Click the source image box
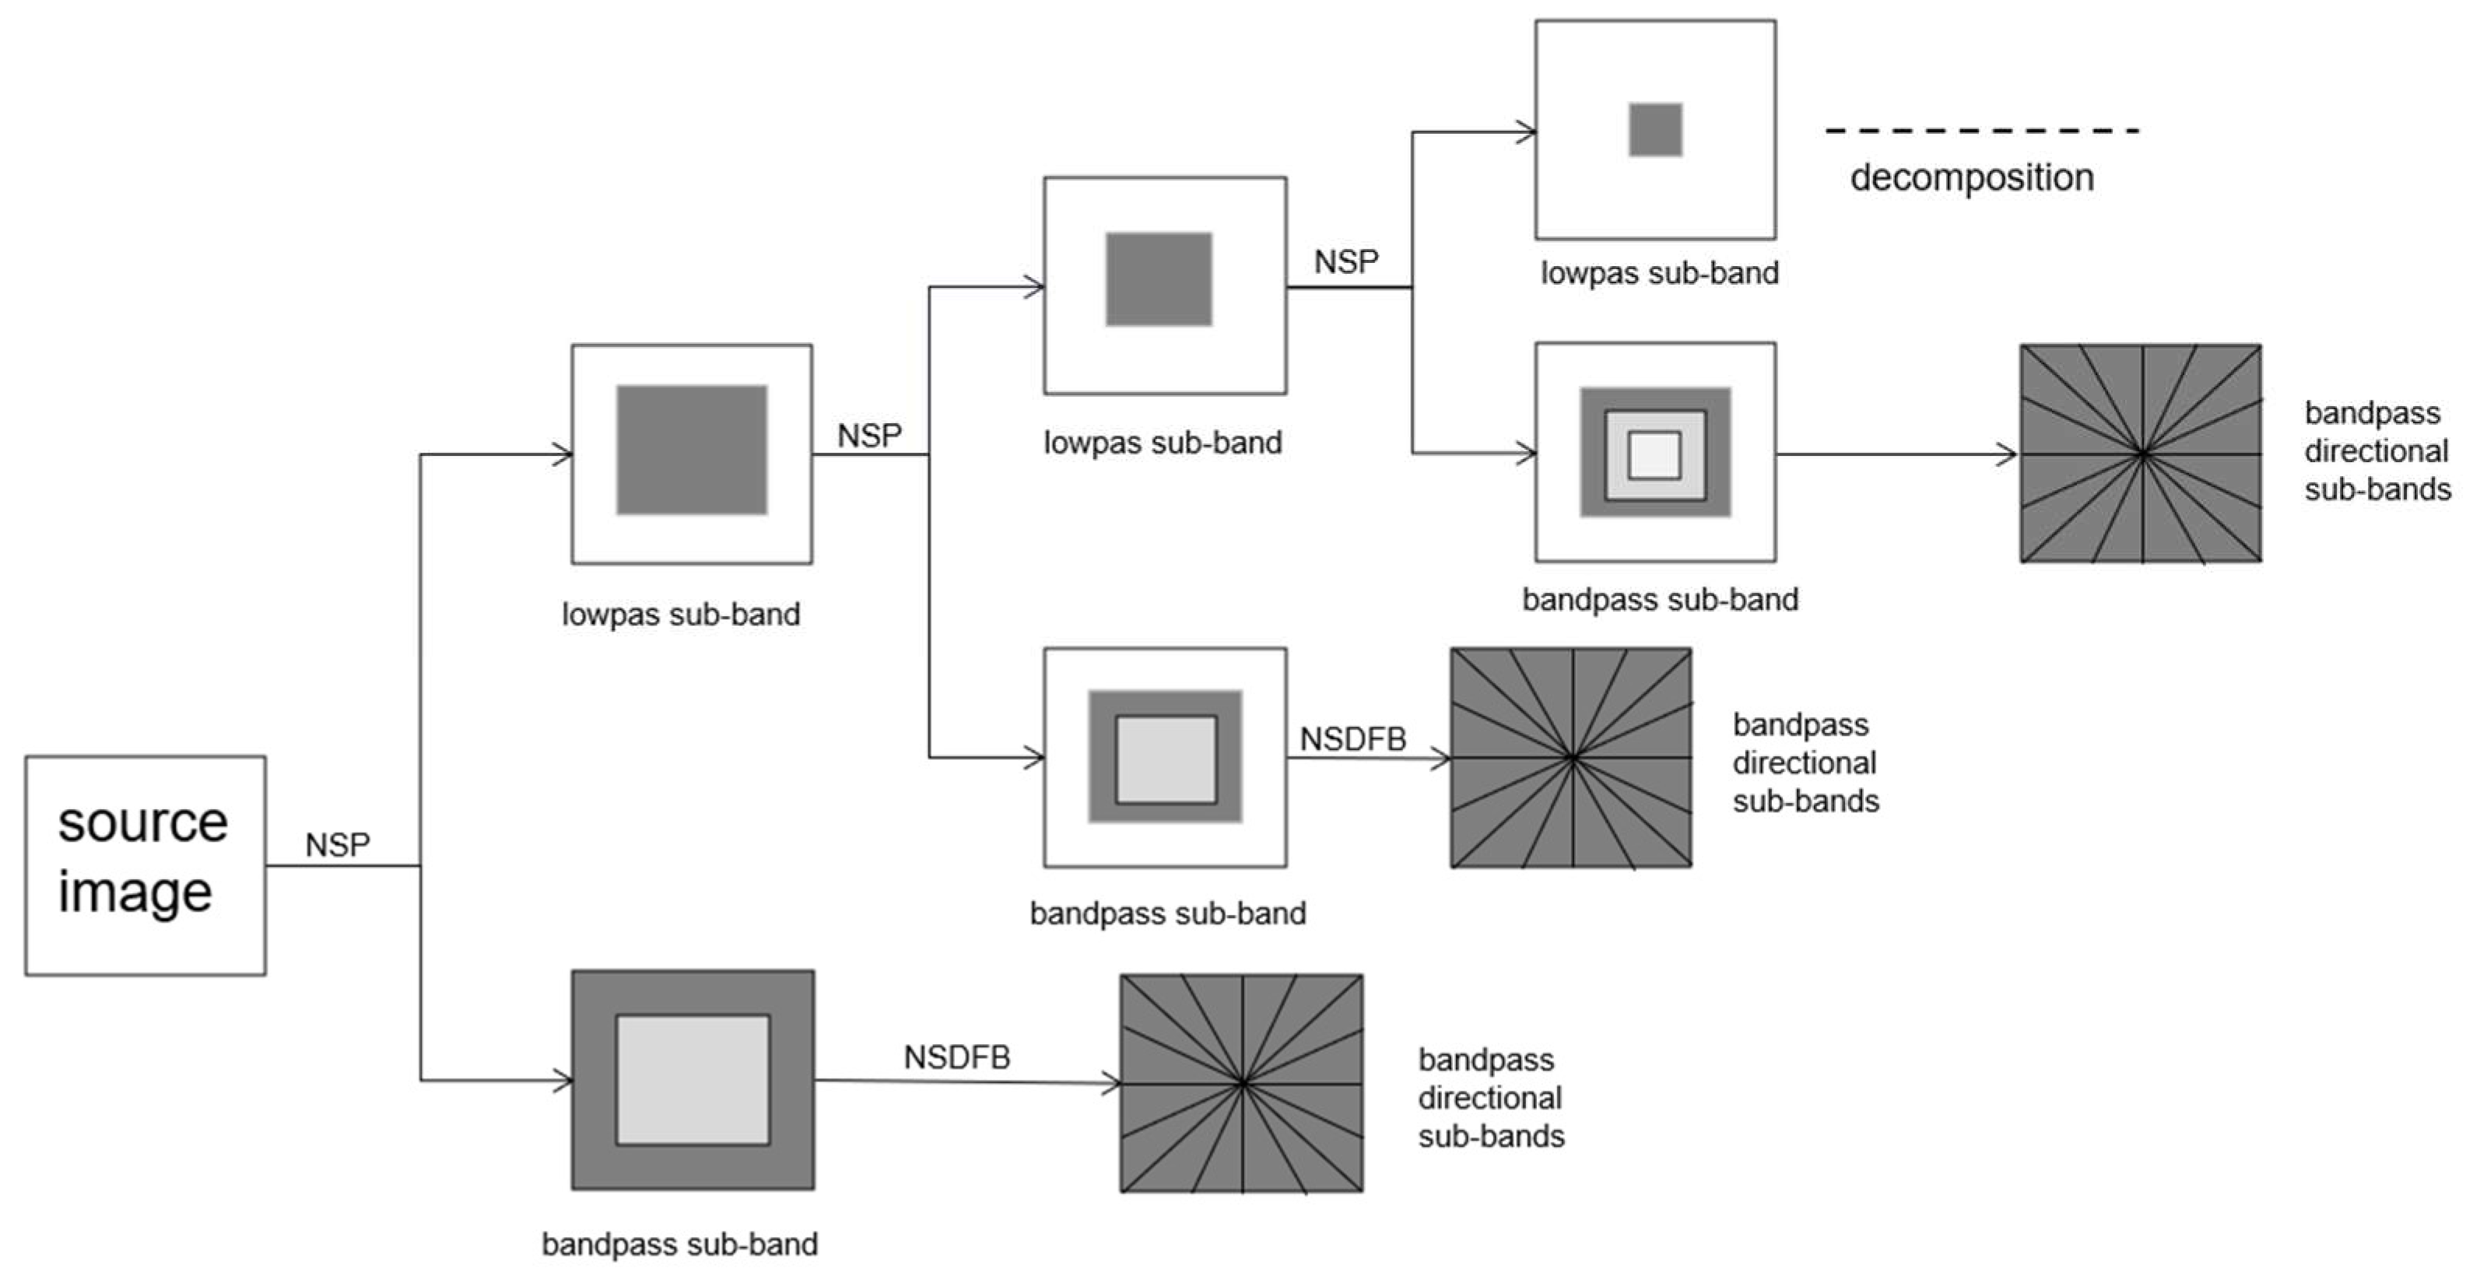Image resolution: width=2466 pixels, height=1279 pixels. point(146,865)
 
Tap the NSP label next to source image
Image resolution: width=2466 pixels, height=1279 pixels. point(337,844)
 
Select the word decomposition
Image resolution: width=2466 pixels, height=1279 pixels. point(1972,177)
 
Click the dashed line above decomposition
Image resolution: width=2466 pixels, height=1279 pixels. point(1982,130)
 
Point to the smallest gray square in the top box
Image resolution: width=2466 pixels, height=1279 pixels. point(1655,129)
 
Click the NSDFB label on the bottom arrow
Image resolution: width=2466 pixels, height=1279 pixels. point(956,1057)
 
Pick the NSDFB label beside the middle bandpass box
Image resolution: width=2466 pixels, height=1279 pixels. point(1352,739)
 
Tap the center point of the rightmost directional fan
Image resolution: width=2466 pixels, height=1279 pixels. point(2142,455)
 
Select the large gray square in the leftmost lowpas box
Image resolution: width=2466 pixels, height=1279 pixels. point(691,450)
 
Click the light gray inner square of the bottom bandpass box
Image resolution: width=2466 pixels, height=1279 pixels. point(692,1080)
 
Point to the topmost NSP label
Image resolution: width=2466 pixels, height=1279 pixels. point(1346,261)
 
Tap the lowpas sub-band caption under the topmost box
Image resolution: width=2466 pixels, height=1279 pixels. point(1659,273)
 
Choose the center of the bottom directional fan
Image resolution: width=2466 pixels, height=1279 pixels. point(1242,1083)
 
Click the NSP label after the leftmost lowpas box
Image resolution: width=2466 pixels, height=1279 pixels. point(869,436)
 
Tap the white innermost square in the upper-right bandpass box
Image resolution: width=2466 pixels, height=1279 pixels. point(1654,455)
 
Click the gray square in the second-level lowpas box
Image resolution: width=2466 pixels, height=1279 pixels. point(1159,279)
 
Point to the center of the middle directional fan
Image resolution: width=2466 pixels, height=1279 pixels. point(1571,757)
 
